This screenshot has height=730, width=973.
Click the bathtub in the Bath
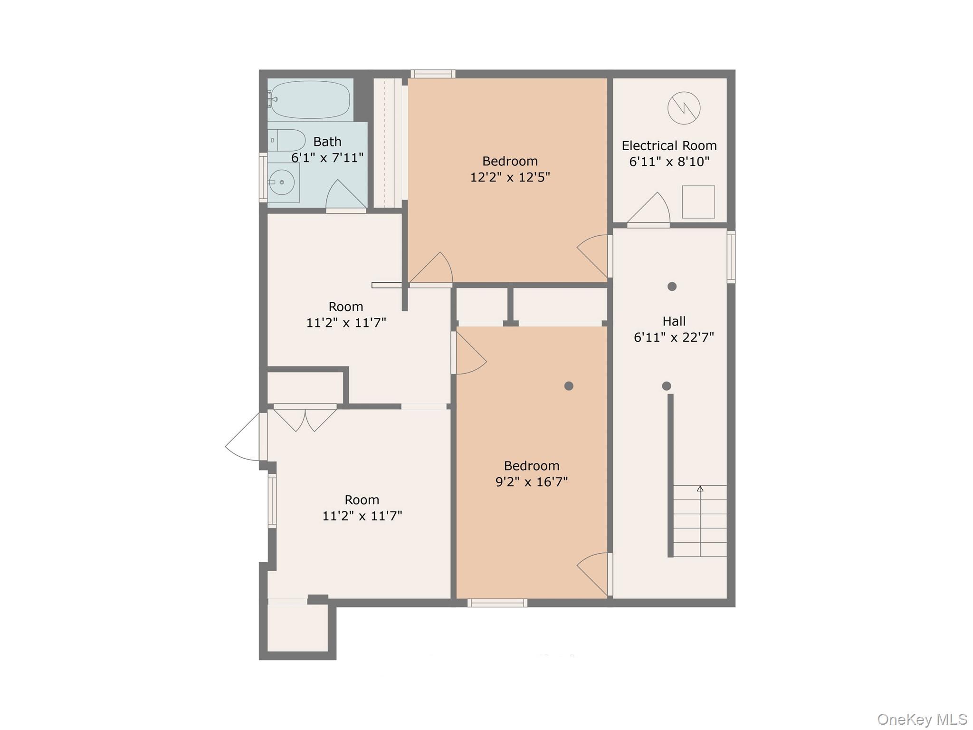coord(310,100)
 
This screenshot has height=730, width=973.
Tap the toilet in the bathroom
coord(286,140)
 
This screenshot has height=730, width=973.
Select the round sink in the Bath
coord(282,182)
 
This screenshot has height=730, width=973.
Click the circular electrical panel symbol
coord(684,108)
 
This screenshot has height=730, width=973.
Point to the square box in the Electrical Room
coord(698,202)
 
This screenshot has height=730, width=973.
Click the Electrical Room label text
coord(669,145)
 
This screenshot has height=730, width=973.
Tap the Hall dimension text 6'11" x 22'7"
coord(674,337)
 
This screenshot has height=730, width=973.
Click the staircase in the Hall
coord(700,521)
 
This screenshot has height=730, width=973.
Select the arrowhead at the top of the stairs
coord(700,489)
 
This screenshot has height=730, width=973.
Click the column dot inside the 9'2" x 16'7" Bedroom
coord(569,386)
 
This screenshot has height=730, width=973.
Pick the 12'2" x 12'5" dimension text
coord(510,177)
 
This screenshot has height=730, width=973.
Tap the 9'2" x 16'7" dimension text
coord(532,482)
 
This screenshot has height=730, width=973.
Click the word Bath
coord(327,142)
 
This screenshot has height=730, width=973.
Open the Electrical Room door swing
coord(649,208)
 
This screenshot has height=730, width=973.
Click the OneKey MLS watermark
coord(922,719)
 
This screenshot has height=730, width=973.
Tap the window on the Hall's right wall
coord(731,257)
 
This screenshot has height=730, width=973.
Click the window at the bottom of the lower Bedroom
coord(497,603)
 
